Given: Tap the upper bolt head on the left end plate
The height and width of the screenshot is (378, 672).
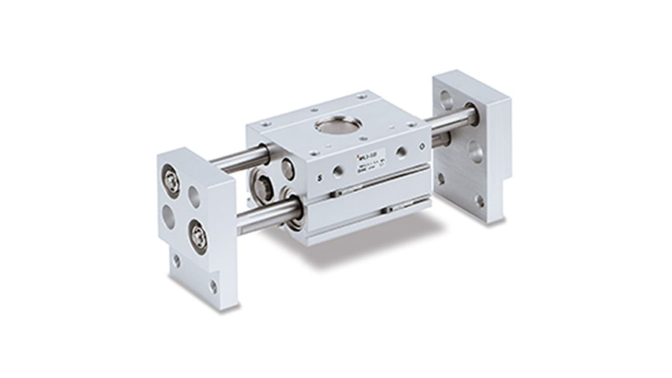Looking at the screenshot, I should [x=172, y=180].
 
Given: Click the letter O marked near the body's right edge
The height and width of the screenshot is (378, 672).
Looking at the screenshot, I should [x=423, y=148].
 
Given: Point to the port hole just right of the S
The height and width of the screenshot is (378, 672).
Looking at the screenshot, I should [x=338, y=171].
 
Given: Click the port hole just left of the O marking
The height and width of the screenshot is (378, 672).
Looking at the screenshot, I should [x=401, y=153].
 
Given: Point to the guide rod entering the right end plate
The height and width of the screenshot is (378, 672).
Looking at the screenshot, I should [x=450, y=120].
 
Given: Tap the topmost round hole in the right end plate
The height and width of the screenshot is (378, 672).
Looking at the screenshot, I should [x=446, y=99].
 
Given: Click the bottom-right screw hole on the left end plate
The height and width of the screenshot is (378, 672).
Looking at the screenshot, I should [x=213, y=287].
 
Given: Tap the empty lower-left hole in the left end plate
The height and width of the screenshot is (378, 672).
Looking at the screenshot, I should [x=169, y=216].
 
